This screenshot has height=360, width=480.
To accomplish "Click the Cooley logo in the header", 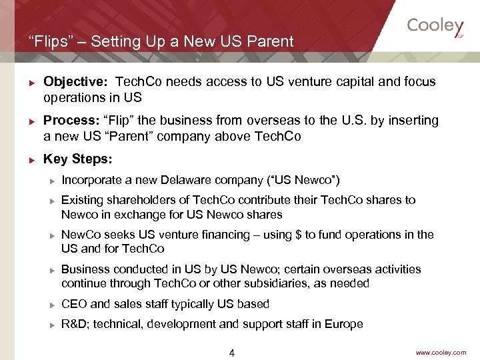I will pos(435,26).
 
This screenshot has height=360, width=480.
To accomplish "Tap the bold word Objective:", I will pos(75,82).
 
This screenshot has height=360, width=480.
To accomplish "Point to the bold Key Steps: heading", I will pos(78,159).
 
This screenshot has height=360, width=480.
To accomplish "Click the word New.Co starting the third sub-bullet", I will pos(79,235).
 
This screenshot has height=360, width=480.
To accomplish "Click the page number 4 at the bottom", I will pos(231,353).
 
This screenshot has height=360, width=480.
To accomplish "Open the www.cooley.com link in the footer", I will pos(441,352).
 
